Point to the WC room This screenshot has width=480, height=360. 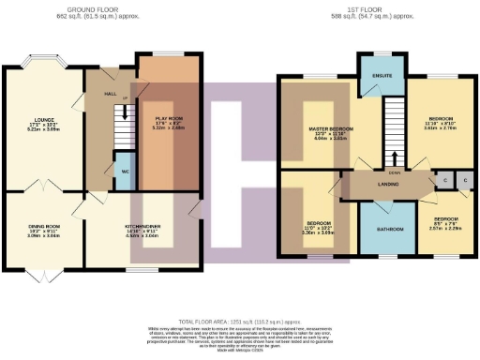point(124,172)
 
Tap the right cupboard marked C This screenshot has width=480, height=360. point(464,178)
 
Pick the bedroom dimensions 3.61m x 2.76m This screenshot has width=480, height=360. point(440,128)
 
